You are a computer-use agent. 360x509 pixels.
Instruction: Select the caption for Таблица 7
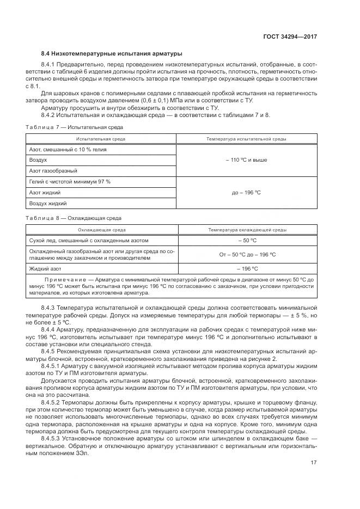tap(74, 127)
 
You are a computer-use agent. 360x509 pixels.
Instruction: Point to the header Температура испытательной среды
tap(247, 139)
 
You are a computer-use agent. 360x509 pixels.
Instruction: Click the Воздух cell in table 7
tap(38, 160)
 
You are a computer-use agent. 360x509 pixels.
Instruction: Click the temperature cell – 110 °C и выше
tap(247, 160)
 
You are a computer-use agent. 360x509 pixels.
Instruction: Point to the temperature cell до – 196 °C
tap(247, 192)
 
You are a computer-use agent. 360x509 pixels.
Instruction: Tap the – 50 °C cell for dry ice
tap(247, 240)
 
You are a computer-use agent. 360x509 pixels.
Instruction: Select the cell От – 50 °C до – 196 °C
tap(247, 254)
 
